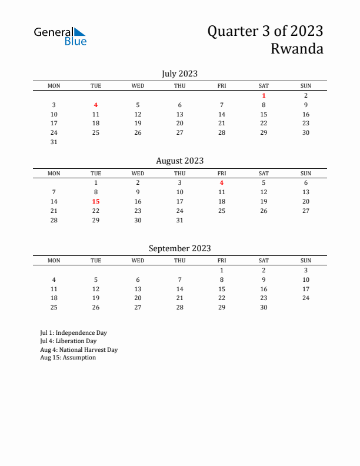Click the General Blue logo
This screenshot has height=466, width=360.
[x=60, y=36]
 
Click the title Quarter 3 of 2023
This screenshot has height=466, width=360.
[x=265, y=31]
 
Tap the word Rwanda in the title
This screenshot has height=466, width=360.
[x=297, y=49]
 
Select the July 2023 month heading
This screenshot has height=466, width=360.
[x=179, y=74]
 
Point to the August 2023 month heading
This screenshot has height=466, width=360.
[x=179, y=161]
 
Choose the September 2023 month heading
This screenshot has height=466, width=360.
[x=179, y=248]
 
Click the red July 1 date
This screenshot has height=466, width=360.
[x=264, y=95]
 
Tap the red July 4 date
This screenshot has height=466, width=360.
[x=96, y=105]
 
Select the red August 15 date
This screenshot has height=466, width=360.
[x=96, y=201]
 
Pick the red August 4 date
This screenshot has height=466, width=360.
[x=222, y=182]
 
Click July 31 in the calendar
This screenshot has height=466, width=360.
[x=54, y=142]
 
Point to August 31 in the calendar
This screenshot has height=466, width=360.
[x=180, y=220]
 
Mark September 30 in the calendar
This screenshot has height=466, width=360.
[x=264, y=307]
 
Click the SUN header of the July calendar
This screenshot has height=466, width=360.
[x=306, y=86]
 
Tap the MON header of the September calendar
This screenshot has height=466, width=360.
[x=54, y=261]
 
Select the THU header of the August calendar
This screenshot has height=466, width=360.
[x=180, y=173]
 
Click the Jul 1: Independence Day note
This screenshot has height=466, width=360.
[x=74, y=332]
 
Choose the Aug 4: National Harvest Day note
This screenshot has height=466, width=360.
[x=79, y=349]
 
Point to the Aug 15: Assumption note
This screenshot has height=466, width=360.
[x=68, y=358]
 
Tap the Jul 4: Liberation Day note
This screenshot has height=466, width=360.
[x=68, y=341]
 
